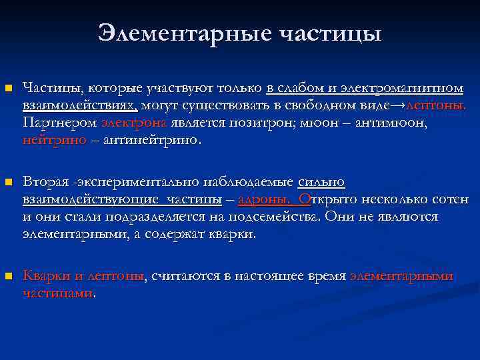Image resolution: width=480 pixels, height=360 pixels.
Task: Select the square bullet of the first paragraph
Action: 8,88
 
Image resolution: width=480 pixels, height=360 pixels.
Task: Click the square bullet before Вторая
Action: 8,182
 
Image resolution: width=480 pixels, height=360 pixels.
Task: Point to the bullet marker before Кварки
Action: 8,275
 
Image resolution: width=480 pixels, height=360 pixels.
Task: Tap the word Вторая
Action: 46,182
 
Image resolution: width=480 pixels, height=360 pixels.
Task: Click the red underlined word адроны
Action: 263,199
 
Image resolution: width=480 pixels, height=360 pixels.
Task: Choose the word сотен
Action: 451,199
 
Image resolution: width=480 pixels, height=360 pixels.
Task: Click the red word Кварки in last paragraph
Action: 47,276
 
